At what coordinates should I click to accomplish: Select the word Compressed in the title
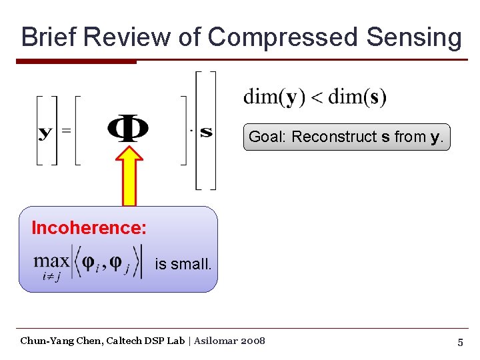(283, 37)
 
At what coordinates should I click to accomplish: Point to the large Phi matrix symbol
(128, 129)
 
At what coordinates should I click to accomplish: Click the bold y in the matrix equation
(46, 131)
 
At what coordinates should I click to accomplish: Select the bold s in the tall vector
(206, 131)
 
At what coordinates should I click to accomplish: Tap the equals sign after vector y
(66, 131)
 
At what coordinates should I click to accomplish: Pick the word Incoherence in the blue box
(89, 228)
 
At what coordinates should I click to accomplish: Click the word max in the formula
(51, 261)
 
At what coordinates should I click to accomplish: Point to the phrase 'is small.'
(183, 264)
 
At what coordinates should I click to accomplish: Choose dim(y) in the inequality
(271, 97)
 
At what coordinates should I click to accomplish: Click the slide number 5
(460, 342)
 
